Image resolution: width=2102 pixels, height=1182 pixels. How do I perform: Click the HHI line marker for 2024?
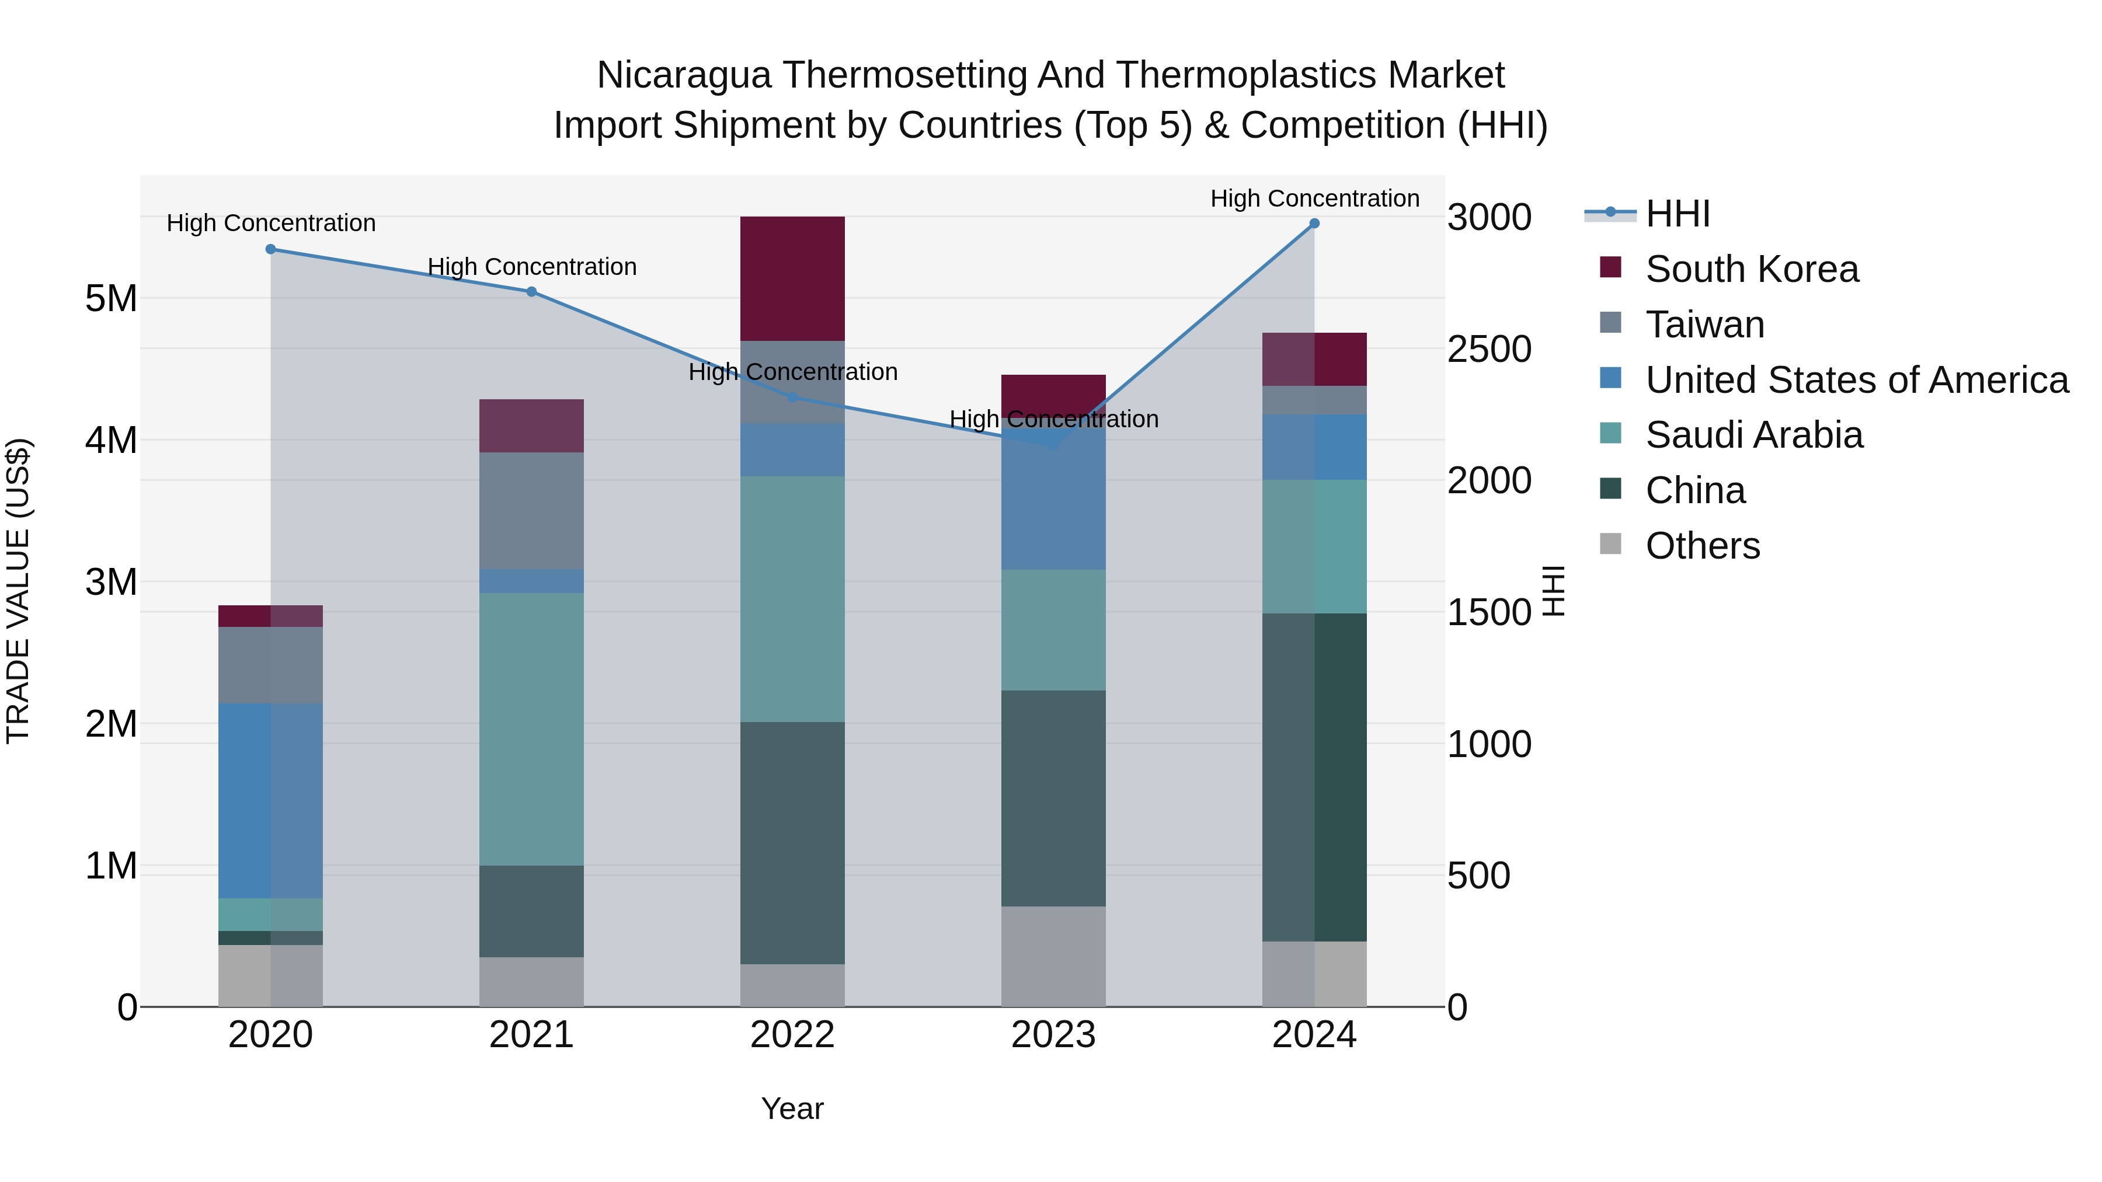coord(1314,224)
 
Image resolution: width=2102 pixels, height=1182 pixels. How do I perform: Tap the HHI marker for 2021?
coord(531,292)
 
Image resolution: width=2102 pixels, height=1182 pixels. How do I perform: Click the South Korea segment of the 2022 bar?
coord(792,278)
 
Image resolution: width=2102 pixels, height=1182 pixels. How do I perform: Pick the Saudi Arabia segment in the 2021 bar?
coord(531,728)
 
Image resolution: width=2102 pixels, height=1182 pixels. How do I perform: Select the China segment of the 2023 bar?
coord(1053,798)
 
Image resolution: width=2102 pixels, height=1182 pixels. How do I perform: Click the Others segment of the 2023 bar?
coord(1053,956)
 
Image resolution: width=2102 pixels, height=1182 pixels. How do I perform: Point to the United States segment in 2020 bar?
coord(271,800)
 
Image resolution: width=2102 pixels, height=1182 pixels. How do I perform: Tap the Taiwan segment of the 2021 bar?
coord(531,511)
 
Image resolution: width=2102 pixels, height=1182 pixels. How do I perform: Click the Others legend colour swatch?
coord(1611,544)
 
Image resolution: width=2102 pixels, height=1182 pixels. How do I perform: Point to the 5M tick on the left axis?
coord(111,298)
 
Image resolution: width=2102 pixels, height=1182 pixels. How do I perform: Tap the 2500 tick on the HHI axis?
coord(1489,349)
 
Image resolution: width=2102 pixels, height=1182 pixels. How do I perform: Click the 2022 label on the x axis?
coord(792,1035)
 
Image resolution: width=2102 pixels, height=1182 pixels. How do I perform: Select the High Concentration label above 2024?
coord(1314,199)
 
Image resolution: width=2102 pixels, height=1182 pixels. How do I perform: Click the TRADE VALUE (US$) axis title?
coord(19,591)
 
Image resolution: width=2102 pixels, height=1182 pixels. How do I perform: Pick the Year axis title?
coord(792,1108)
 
